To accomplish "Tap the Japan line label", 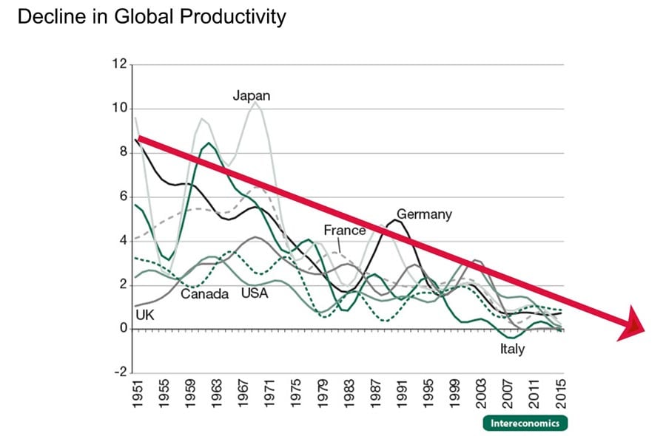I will pos(252,95).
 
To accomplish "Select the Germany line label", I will pos(423,214).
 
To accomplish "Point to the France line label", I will pos(344,230).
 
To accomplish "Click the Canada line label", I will pos(205,294).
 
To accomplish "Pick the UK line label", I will pos(144,315).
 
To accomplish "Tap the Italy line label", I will pos(511,348).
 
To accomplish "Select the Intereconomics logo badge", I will pos(525,423).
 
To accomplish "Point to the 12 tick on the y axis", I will pos(119,65).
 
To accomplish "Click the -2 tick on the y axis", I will pos(119,372).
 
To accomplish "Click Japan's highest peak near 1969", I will pos(255,103).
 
